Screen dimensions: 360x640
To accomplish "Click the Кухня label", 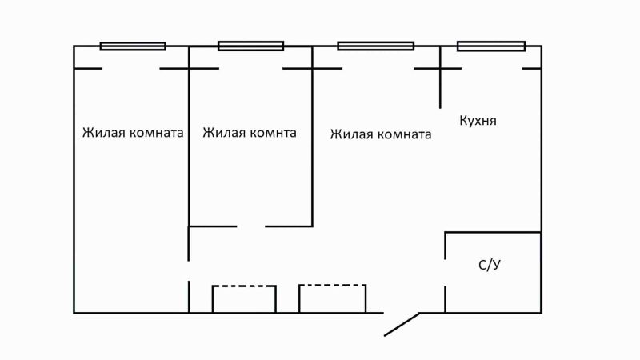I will tap(478, 121).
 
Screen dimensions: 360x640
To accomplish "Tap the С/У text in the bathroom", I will tap(489, 266).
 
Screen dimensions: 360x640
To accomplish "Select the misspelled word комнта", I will tap(270, 133).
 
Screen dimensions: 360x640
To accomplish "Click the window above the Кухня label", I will tap(490, 46).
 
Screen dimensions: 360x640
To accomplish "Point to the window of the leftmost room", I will tap(133, 46).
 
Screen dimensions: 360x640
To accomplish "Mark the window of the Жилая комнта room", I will tap(250, 46).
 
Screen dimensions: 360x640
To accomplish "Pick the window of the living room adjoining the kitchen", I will tap(374, 46).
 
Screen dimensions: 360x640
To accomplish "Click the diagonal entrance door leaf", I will tap(402, 324).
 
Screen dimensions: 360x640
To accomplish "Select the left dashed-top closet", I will tap(244, 298).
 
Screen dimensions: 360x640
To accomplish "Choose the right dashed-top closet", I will tap(332, 298).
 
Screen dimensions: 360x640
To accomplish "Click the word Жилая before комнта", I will tap(220, 133).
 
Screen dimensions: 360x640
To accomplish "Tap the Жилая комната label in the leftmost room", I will tap(133, 133).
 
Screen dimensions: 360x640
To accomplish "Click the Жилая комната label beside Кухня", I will tap(381, 134).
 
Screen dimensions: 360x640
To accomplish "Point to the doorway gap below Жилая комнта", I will tap(250, 226).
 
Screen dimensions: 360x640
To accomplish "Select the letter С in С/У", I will tap(482, 266).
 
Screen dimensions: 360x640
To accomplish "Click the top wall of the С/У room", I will tap(492, 233).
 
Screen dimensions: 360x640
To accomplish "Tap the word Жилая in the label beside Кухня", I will tap(349, 134).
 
